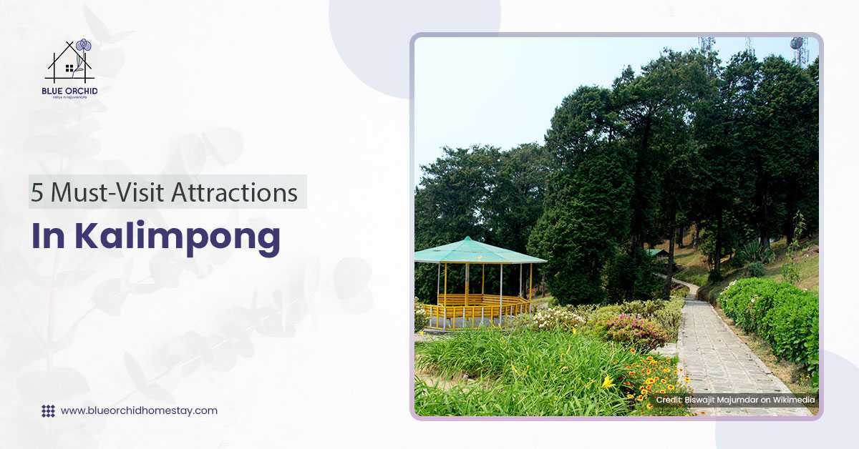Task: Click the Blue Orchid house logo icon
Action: (70, 61)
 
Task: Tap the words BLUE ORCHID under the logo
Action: (70, 91)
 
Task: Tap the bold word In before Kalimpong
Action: (49, 237)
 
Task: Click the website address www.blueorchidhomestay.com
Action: (139, 410)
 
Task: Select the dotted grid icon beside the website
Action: (48, 411)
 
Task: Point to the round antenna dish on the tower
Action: (796, 43)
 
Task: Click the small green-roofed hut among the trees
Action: (656, 253)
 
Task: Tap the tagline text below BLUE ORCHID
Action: (70, 98)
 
